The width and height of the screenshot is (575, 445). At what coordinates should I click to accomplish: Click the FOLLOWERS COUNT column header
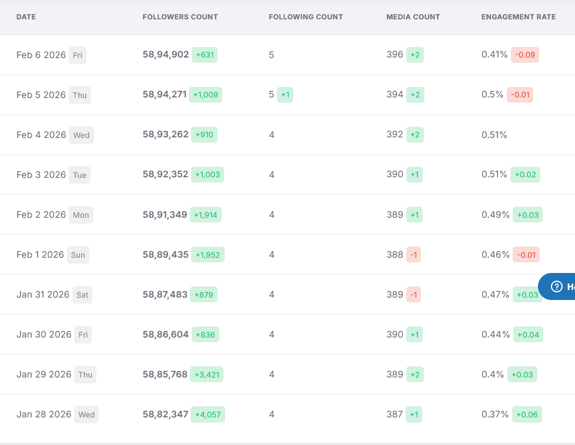pos(180,17)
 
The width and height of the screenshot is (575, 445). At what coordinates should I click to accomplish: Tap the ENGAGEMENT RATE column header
pos(519,17)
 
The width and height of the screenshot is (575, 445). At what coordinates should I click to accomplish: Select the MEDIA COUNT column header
pos(413,17)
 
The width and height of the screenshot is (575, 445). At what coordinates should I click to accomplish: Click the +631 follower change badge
pos(205,55)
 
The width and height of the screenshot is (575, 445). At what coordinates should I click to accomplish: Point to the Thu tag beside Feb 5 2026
pos(79,95)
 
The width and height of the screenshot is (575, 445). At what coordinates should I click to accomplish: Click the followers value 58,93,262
pos(165,134)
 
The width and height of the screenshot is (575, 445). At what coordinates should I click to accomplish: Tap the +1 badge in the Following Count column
pos(285,95)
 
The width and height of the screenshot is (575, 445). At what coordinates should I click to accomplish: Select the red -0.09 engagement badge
pos(525,55)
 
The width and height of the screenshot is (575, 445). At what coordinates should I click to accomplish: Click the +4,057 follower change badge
pos(208,414)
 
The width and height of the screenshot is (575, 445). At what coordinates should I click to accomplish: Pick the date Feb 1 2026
pos(40,255)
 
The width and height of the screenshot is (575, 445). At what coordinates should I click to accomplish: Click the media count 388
pos(395,255)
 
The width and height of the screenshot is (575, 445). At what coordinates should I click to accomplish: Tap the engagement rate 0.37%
pos(495,414)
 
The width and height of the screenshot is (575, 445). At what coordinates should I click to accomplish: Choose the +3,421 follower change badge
pos(206,375)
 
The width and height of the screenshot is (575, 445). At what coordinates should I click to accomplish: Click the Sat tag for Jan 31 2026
pos(82,295)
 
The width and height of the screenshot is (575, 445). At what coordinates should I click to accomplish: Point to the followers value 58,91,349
pos(165,215)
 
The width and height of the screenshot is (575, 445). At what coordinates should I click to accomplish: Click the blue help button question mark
pos(556,286)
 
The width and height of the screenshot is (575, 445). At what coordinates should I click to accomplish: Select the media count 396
pos(395,55)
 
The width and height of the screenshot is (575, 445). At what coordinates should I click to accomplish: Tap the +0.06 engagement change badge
pos(527,414)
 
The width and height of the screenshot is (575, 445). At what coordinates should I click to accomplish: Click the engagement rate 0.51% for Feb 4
pos(494,135)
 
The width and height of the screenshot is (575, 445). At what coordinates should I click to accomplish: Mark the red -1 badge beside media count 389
pos(413,295)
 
